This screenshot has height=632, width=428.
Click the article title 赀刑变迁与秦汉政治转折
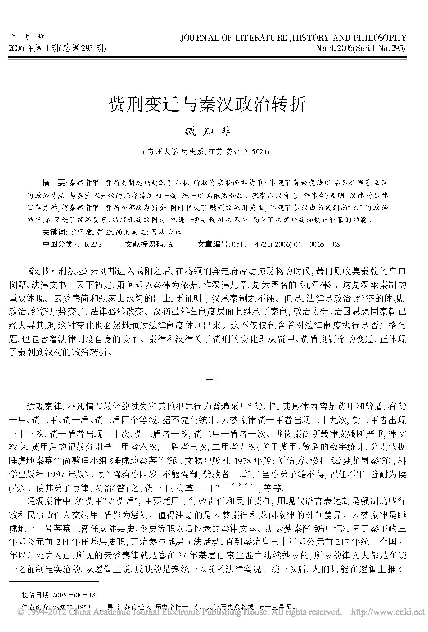pos(207,104)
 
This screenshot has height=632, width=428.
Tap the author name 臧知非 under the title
pos(207,132)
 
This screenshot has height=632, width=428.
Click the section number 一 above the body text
pos(214,379)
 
